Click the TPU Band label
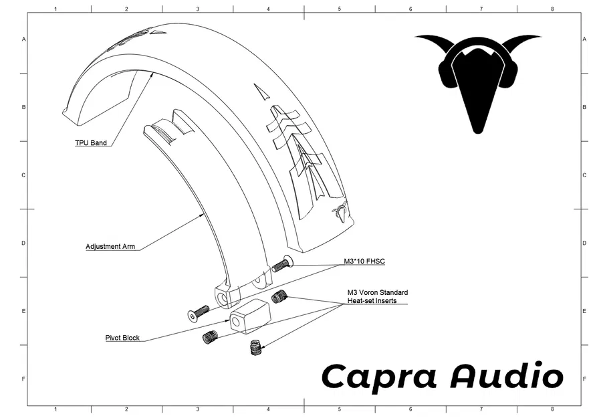coord(90,143)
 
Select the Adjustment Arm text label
coord(110,247)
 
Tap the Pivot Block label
coord(122,338)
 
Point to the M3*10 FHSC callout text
coord(364,262)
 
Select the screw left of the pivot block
coord(199,312)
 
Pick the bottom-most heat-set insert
coord(255,348)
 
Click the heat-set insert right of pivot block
coord(279,296)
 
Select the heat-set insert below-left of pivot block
coord(211,337)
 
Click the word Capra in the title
coord(379,377)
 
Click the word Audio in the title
coord(507,377)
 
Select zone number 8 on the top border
coord(552,9)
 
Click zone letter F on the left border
coord(23,379)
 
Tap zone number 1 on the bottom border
coord(55,409)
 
